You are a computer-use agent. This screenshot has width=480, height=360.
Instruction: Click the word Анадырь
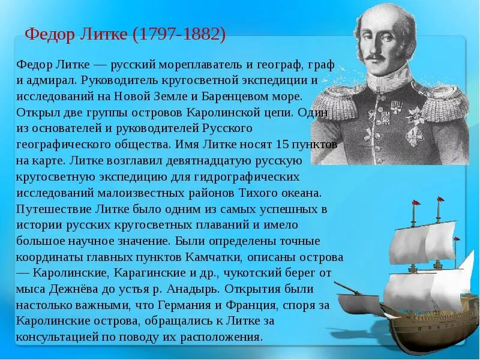[x=209, y=289]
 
